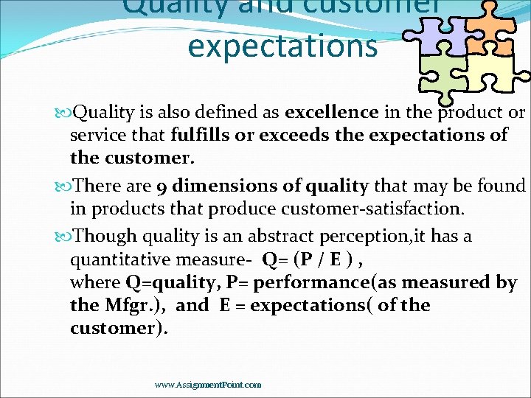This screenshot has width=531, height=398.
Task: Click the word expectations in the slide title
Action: pyautogui.click(x=282, y=46)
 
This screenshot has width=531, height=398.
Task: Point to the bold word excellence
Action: pyautogui.click(x=332, y=113)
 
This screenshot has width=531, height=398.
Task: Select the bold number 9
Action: pyautogui.click(x=159, y=186)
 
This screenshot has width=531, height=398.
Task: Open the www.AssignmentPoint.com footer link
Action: pyautogui.click(x=208, y=385)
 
